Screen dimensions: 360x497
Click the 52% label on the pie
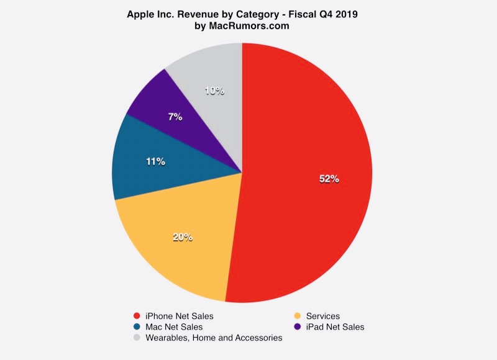point(329,179)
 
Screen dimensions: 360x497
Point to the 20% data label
point(182,236)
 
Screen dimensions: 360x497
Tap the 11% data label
point(156,162)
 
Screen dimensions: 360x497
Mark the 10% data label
point(214,91)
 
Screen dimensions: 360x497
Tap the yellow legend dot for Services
point(298,316)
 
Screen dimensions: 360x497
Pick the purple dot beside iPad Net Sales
point(298,326)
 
